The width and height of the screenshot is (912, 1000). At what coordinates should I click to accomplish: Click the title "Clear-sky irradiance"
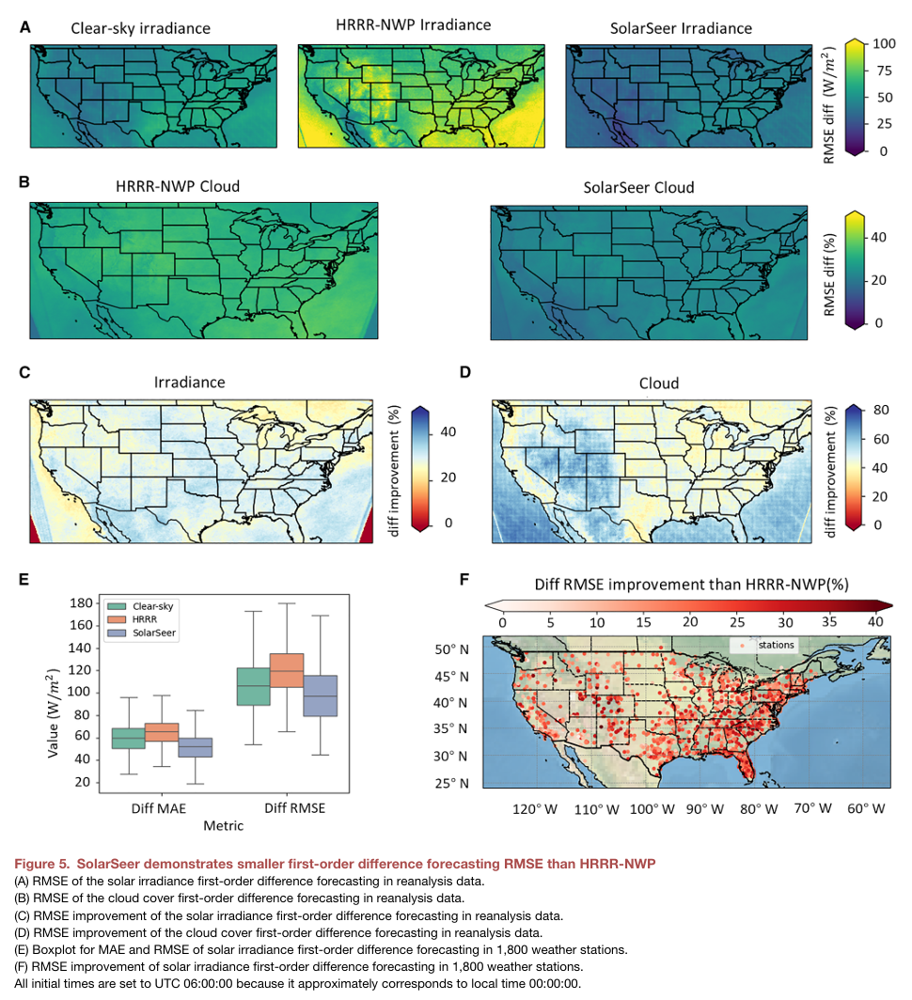pos(140,29)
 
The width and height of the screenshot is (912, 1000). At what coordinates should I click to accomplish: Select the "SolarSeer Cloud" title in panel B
pos(637,188)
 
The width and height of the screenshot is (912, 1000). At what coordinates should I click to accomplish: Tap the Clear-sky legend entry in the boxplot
pos(155,605)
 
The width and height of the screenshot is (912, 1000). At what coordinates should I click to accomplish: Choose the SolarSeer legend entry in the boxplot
pos(156,633)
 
